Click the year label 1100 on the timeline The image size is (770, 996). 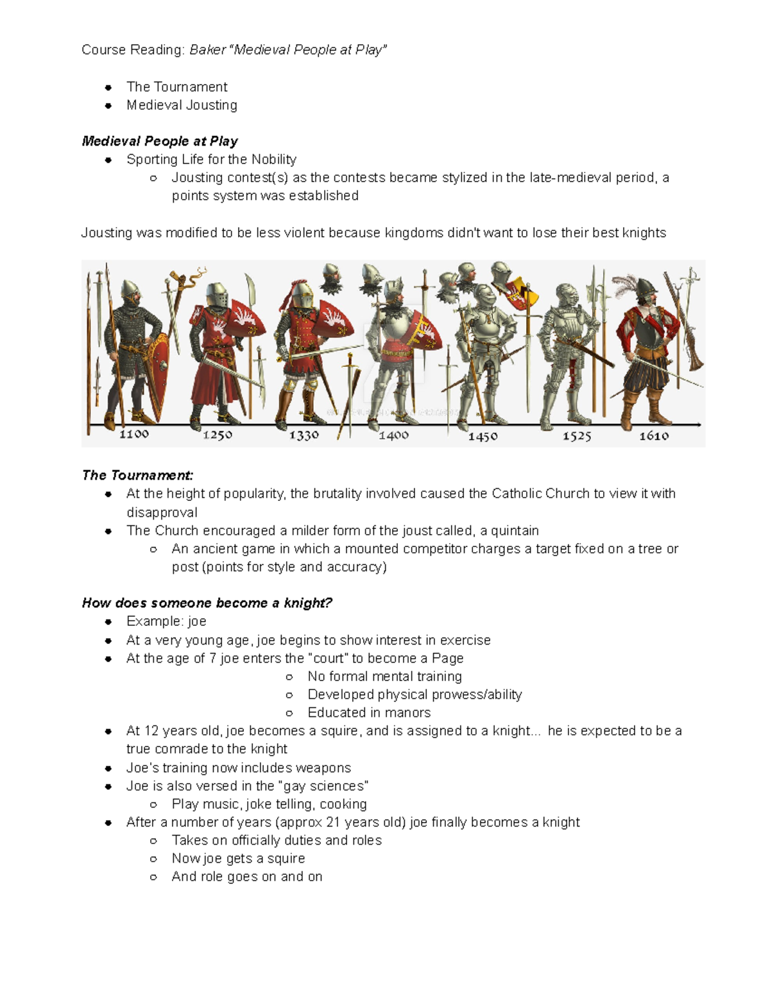[x=134, y=434]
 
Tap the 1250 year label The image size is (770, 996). [x=218, y=435]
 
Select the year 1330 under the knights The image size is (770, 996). [x=304, y=435]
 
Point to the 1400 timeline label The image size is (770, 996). [x=393, y=435]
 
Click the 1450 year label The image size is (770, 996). [x=483, y=436]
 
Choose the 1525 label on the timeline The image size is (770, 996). [x=577, y=436]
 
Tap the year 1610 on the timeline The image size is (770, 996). [x=654, y=436]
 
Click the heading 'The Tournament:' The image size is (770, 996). [x=137, y=475]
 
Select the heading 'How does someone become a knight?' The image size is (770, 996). [x=207, y=603]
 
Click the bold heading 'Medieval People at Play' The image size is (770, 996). [x=160, y=141]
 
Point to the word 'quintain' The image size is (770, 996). [x=515, y=530]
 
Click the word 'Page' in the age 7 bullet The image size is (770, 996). [x=447, y=658]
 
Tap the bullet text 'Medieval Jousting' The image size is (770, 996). [x=182, y=105]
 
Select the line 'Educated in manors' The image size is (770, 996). [x=369, y=713]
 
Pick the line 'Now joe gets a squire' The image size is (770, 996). [x=238, y=858]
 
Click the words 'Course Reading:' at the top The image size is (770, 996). [x=133, y=50]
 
